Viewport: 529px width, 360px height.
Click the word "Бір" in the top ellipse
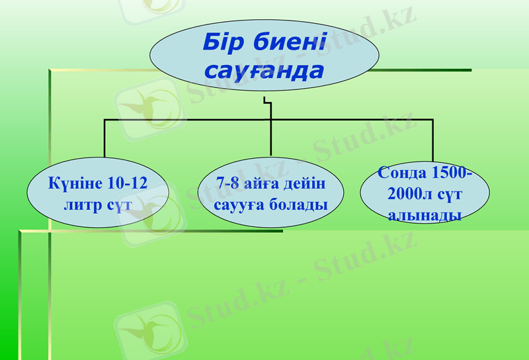coord(225,44)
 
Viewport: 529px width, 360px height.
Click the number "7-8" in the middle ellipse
coord(230,183)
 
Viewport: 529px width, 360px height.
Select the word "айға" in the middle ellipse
coord(264,183)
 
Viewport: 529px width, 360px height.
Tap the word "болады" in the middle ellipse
coord(298,204)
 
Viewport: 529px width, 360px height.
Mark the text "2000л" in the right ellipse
coord(409,194)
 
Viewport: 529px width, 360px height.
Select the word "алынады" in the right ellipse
coord(424,215)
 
